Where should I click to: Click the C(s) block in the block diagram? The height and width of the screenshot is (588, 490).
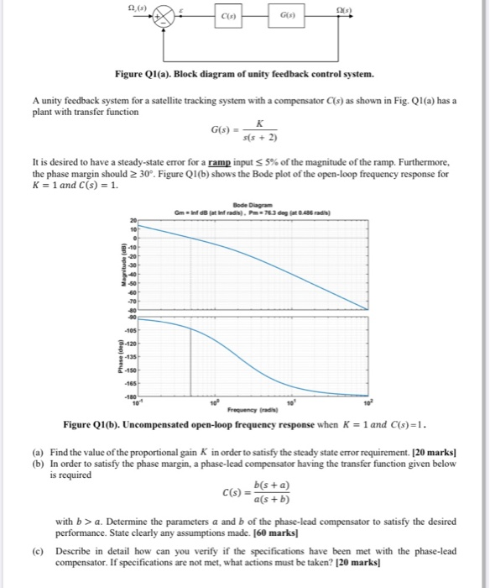click(228, 15)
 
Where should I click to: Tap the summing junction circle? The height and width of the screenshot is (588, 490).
click(163, 14)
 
